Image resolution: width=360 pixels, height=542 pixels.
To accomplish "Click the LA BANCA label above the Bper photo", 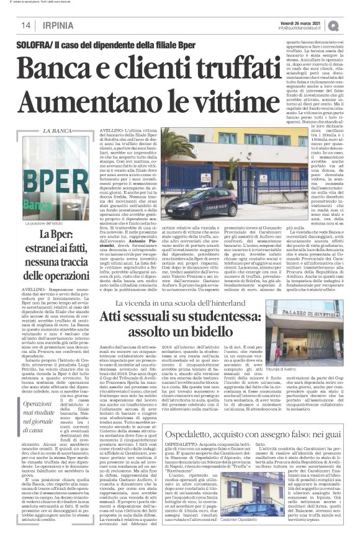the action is pyautogui.click(x=56, y=131).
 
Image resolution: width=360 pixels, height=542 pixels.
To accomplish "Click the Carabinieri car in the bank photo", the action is pyautogui.click(x=199, y=200).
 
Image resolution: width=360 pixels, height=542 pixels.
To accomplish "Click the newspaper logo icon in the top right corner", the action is pyautogui.click(x=351, y=24).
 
